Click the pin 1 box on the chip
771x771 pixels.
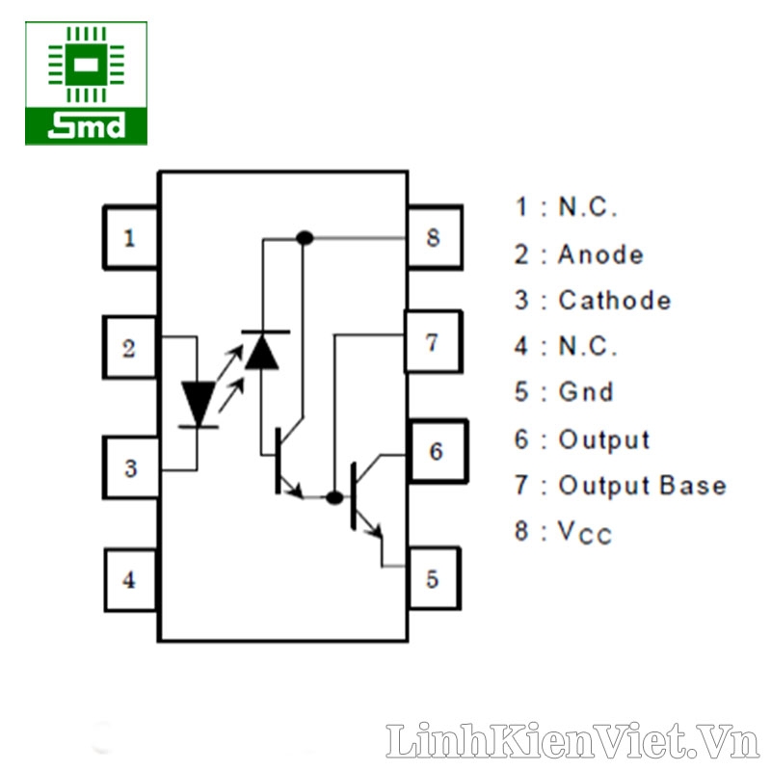click(x=130, y=237)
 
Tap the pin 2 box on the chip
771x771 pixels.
click(x=130, y=348)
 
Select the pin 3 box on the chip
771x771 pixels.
click(x=130, y=469)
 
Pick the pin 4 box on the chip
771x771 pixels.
click(x=130, y=580)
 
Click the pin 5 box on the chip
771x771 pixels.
click(x=433, y=578)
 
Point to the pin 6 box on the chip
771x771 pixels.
click(x=436, y=451)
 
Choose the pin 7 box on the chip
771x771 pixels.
click(x=433, y=341)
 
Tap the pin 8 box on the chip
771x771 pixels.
click(x=433, y=237)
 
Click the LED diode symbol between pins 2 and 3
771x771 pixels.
click(x=199, y=403)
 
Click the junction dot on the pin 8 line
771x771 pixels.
click(x=305, y=237)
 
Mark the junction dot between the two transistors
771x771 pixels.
click(x=333, y=497)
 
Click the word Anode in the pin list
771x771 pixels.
click(x=600, y=254)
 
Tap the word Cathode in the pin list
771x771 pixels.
click(x=615, y=300)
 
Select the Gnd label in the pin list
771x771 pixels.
click(x=586, y=392)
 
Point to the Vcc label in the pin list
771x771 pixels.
click(x=585, y=532)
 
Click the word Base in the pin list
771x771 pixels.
click(x=693, y=485)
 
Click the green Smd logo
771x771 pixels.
click(x=87, y=83)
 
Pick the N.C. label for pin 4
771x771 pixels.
click(x=588, y=346)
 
